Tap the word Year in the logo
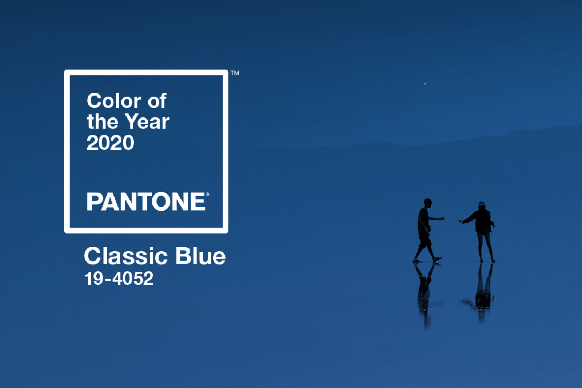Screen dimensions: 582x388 coord(147,121)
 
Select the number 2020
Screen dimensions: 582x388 coord(110,143)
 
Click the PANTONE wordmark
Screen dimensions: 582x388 coord(146,201)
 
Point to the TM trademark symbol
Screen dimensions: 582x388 coord(235,73)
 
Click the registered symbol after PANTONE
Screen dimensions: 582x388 coord(207,194)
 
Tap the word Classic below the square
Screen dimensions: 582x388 coord(126,256)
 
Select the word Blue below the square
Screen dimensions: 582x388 coord(200,256)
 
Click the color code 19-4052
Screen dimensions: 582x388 coord(119,279)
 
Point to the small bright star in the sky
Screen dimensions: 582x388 coord(425,84)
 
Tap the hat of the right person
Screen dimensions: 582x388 coord(482,204)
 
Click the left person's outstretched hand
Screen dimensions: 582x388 coord(441,219)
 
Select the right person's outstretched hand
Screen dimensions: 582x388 coord(461,221)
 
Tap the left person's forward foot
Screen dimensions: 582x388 coord(437,259)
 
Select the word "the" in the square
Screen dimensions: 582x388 coord(103,121)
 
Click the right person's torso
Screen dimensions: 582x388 coord(483,221)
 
